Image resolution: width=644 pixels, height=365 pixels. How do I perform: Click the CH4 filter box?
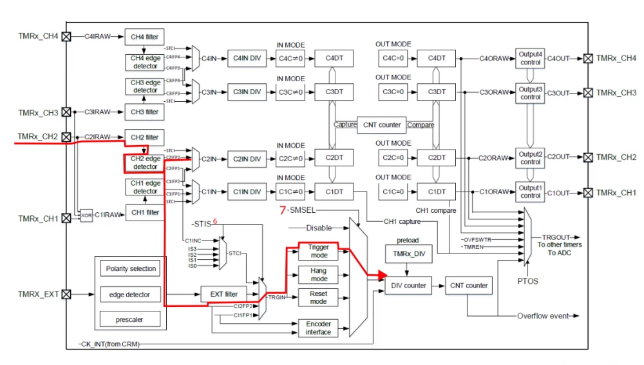click(x=145, y=37)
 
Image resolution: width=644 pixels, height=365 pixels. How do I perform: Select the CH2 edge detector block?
click(x=146, y=163)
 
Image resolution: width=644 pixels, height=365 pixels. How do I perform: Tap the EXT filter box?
click(x=223, y=295)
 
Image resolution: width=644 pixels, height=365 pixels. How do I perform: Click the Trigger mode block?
click(x=318, y=252)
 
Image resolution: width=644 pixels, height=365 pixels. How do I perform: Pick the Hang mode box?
click(x=318, y=275)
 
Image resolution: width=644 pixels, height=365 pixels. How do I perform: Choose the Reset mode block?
click(x=318, y=297)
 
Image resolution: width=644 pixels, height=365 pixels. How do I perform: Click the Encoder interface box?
click(x=318, y=328)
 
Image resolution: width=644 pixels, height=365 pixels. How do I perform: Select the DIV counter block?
click(x=406, y=285)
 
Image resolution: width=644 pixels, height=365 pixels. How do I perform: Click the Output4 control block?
click(x=531, y=59)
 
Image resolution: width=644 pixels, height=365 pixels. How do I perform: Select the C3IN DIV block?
click(x=247, y=92)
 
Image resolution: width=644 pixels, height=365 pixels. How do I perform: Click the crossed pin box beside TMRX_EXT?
click(x=66, y=294)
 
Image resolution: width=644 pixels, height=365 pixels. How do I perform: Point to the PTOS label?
click(x=527, y=281)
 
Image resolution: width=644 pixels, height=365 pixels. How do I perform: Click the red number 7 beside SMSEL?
click(x=282, y=211)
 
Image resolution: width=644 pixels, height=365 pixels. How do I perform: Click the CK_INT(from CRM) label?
click(x=109, y=345)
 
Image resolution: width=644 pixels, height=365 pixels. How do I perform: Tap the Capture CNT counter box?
click(x=381, y=125)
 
